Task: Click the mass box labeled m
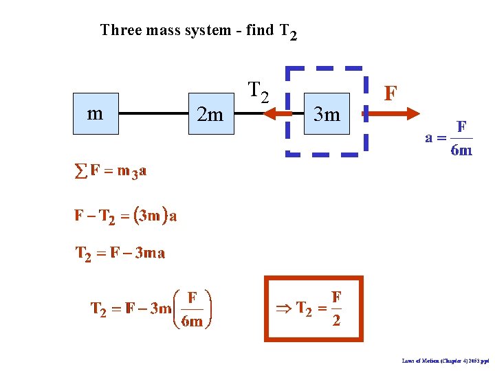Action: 96,113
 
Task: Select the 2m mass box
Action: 210,114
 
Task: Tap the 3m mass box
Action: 327,113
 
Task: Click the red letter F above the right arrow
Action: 390,93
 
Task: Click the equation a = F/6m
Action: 449,138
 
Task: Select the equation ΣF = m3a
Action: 110,171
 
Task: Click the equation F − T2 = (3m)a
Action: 126,216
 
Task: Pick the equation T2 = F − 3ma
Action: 120,254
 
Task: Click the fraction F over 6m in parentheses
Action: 192,309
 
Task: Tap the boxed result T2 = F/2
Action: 313,308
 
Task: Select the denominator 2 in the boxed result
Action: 336,321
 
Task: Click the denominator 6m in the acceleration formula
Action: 461,150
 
